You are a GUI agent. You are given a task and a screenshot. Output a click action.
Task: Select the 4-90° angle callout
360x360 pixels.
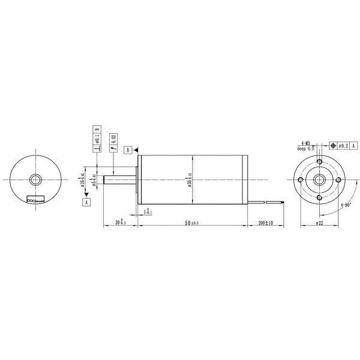coord(346,205)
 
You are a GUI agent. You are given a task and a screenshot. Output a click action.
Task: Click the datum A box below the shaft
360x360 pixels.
coord(86,203)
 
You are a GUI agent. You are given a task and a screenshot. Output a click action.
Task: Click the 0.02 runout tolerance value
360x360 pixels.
coord(113,142)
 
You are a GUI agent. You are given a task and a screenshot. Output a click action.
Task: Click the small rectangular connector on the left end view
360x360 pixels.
coord(35,200)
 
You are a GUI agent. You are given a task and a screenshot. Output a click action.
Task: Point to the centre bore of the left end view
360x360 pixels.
coord(36,179)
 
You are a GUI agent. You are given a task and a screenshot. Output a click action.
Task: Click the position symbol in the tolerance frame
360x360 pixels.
coord(332,145)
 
